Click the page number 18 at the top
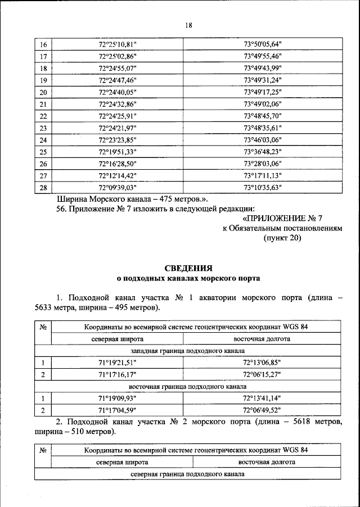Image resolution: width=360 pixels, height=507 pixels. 188,25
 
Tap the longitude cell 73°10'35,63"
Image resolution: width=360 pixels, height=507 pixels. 262,188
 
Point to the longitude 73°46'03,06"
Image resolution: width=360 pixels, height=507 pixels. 262,140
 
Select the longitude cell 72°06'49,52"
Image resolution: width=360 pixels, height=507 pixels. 262,411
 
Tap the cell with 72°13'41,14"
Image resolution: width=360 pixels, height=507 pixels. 262,399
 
